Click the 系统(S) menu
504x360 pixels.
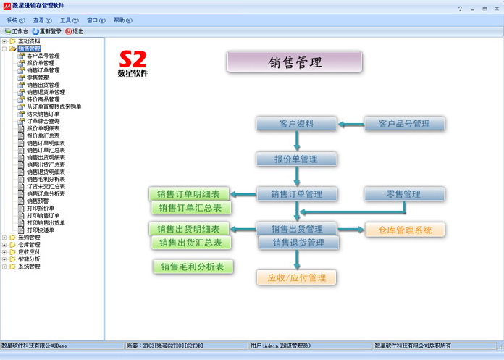(x=16, y=21)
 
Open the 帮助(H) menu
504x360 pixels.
(x=123, y=21)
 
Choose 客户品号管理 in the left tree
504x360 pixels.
(x=43, y=56)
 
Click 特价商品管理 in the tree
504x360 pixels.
(x=48, y=99)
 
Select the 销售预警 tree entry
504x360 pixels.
(x=38, y=201)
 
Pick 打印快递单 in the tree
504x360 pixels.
(x=41, y=230)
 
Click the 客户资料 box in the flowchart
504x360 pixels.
(x=297, y=124)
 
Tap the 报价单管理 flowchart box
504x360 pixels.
(x=297, y=159)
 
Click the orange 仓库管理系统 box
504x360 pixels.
(x=405, y=230)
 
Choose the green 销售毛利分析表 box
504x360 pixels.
(x=193, y=267)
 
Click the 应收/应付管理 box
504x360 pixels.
(x=297, y=277)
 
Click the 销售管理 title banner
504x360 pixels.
(x=295, y=62)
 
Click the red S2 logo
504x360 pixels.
(x=132, y=59)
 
